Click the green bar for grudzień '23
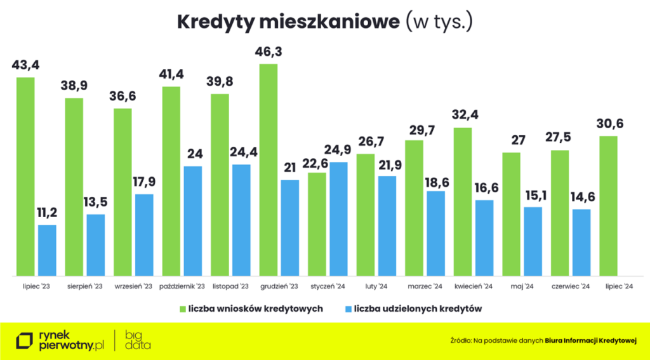click(269, 170)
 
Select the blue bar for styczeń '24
click(338, 219)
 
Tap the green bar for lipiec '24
click(608, 206)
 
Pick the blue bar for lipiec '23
click(47, 250)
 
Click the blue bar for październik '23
click(193, 221)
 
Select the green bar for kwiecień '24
click(463, 202)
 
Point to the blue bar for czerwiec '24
click(581, 243)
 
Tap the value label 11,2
click(47, 212)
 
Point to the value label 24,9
click(338, 150)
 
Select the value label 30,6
click(608, 123)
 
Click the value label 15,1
click(533, 194)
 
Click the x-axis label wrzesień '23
click(133, 287)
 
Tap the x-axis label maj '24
click(521, 287)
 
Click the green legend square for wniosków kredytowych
click(182, 309)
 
